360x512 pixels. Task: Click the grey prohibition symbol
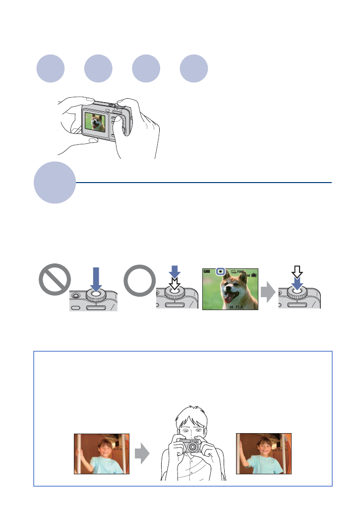pos(55,283)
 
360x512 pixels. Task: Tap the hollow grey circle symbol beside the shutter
pos(139,283)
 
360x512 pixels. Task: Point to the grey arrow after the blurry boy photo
pos(142,453)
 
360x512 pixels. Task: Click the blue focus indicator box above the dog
pos(222,272)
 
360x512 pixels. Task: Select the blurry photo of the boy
pos(102,453)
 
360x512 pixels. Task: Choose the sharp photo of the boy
pos(264,453)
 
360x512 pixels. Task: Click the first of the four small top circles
pos(51,69)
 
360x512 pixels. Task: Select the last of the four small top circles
pos(194,69)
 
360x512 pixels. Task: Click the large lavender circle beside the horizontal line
pos(55,182)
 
